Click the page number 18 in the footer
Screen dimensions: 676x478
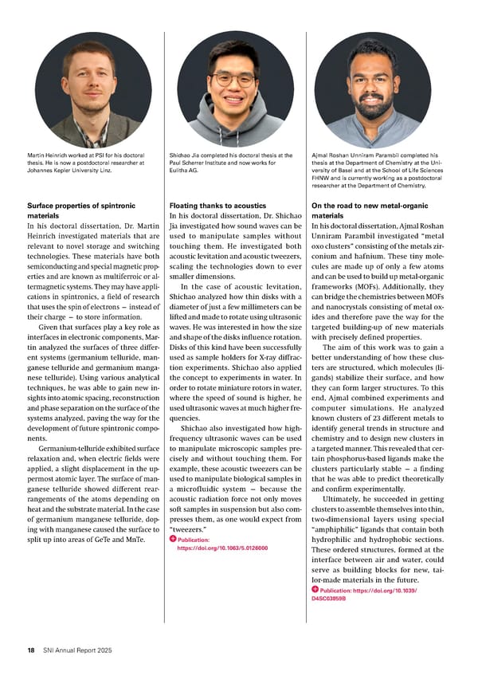(x=29, y=650)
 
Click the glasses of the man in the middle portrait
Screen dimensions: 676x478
(x=233, y=80)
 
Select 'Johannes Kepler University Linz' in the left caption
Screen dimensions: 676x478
(x=69, y=168)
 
